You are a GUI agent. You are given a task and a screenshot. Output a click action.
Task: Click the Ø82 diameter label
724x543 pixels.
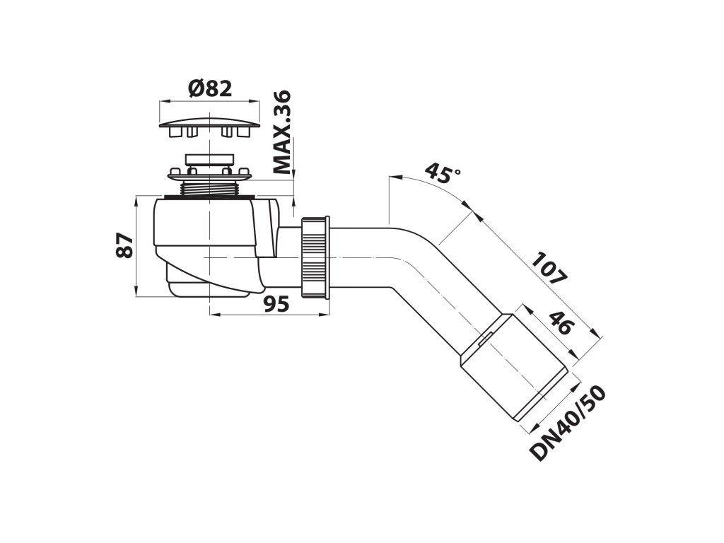click(x=210, y=88)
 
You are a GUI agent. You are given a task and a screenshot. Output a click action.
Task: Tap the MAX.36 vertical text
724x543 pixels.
click(x=283, y=132)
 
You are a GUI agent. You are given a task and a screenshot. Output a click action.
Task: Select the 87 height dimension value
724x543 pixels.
click(x=124, y=245)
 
